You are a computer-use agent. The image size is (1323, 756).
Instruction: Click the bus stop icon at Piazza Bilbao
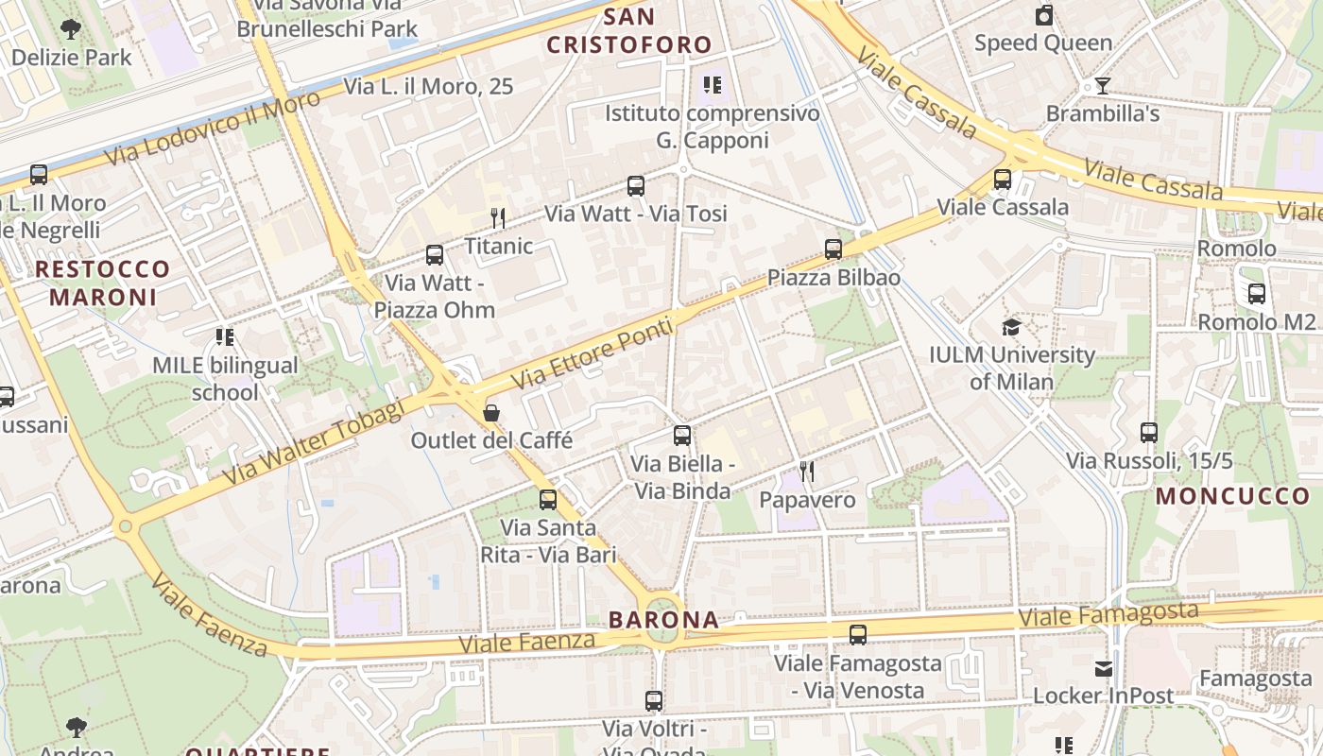click(833, 249)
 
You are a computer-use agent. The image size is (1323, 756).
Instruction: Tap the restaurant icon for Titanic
click(498, 218)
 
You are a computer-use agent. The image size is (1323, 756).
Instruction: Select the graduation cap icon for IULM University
click(1011, 327)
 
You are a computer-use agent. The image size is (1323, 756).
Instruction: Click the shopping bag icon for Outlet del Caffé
click(491, 412)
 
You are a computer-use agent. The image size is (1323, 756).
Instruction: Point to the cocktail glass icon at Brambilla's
click(1102, 86)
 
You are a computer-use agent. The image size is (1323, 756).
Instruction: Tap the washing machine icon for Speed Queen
click(1044, 15)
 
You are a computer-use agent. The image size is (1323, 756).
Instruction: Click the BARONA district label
click(663, 620)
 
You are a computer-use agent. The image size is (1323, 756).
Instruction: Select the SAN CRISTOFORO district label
click(628, 30)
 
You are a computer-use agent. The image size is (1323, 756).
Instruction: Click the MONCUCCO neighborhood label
click(1233, 495)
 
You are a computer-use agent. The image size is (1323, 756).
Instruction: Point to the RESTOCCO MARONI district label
click(102, 283)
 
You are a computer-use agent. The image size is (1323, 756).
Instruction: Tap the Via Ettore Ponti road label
click(593, 353)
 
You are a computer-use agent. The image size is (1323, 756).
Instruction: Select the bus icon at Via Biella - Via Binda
click(682, 436)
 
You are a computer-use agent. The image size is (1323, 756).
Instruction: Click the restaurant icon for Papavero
click(806, 471)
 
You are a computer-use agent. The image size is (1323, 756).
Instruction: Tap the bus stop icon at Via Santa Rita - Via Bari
click(548, 499)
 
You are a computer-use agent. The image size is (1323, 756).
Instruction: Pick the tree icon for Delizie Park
click(71, 29)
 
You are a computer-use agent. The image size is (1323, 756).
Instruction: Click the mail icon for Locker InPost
click(1103, 669)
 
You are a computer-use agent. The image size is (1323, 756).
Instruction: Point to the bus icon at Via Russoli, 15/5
click(1149, 433)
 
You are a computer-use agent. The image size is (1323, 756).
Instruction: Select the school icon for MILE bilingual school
click(225, 336)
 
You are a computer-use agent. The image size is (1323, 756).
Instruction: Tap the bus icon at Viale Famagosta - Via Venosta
click(858, 635)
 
